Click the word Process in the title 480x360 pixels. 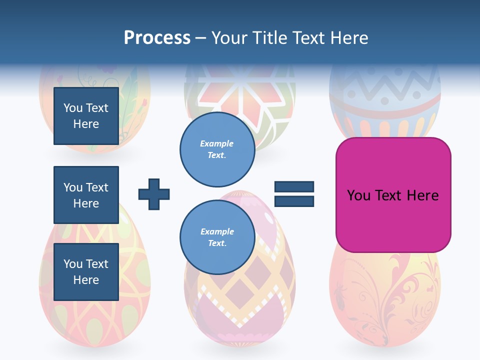pos(157,38)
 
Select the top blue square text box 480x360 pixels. pos(86,116)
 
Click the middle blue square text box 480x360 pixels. pos(86,195)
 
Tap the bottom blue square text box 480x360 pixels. pos(86,271)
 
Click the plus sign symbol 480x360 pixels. pos(154,194)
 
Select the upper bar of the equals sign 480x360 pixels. pos(294,187)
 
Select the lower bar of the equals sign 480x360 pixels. pos(294,201)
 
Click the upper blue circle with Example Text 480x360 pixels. pos(217,149)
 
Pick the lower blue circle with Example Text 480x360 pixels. pos(217,237)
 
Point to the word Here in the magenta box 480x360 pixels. pos(422,195)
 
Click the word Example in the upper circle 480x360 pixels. pos(217,143)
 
